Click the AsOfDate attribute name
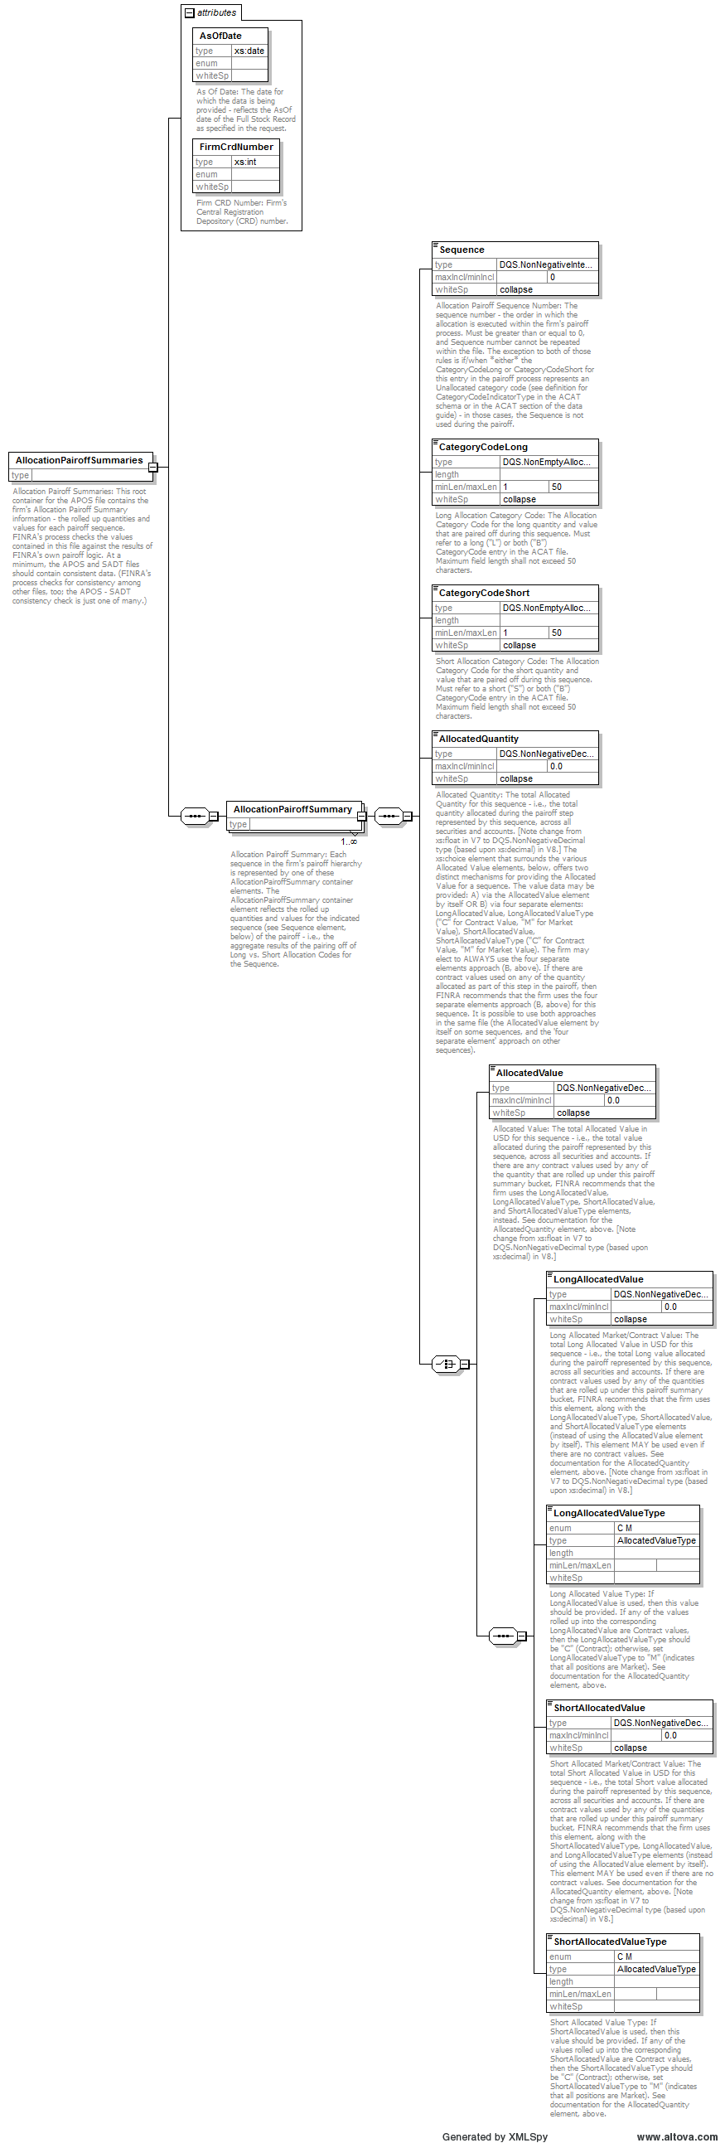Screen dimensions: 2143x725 (x=220, y=36)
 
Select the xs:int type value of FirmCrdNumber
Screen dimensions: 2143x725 (x=245, y=162)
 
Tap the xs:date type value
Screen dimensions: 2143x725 (x=249, y=51)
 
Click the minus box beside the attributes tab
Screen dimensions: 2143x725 (x=190, y=12)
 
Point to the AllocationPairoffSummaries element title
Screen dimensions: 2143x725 (x=79, y=460)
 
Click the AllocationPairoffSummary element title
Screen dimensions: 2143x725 (x=292, y=808)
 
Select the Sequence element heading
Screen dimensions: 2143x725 (x=462, y=250)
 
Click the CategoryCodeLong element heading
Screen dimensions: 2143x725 (x=483, y=447)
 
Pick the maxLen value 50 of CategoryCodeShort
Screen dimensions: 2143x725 (x=556, y=633)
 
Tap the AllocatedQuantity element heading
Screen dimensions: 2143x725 (x=478, y=739)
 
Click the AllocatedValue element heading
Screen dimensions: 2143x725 (x=529, y=1074)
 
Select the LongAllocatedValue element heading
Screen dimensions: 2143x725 (x=597, y=1279)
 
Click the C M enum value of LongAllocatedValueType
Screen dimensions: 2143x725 (x=625, y=1528)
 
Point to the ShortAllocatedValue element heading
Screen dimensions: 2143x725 (x=598, y=1708)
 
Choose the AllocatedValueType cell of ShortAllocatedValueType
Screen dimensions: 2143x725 (x=656, y=1969)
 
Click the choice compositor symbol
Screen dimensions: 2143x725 (x=447, y=1364)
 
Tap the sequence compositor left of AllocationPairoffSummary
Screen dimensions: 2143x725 (x=195, y=816)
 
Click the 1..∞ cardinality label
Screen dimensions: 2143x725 (x=348, y=842)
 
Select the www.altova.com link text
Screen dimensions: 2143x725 (x=677, y=2136)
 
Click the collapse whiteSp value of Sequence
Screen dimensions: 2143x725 (x=516, y=289)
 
